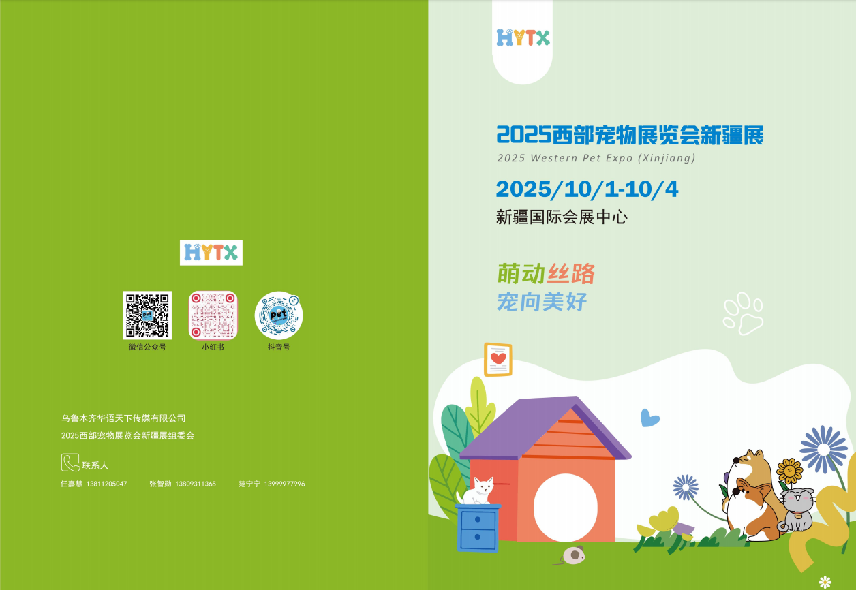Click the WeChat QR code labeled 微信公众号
pos(147,315)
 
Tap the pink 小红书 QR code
pos(213,315)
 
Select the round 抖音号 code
pos(279,315)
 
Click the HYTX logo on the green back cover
pos(211,253)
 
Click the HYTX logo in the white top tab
pos(523,37)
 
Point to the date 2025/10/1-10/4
pos(587,189)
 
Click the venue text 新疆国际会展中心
pos(562,217)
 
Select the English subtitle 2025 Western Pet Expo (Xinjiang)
pos(596,158)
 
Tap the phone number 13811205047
pos(106,484)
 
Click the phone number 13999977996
pos(284,484)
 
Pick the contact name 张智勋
pos(160,484)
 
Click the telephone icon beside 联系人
pos(70,463)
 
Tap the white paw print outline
pos(743,313)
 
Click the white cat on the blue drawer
pos(476,491)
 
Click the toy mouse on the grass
pos(572,555)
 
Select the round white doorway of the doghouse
pos(565,508)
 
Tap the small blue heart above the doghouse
pos(649,418)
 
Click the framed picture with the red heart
pos(498,360)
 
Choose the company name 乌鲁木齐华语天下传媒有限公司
pos(123,418)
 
